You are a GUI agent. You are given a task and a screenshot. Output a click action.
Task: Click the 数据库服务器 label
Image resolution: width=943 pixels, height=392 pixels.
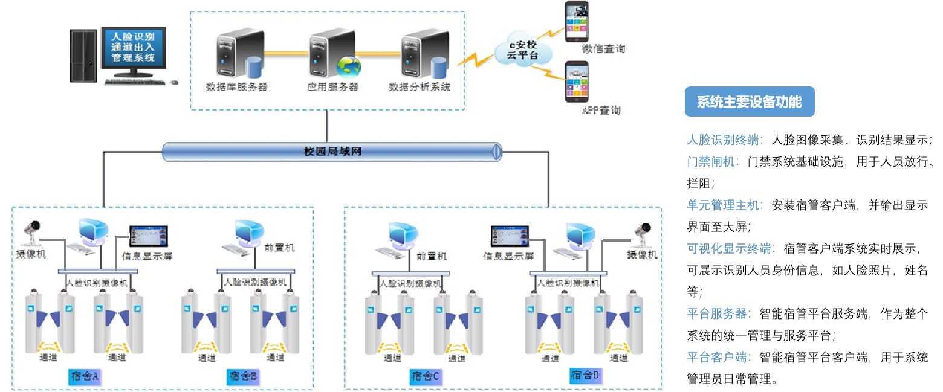click(x=236, y=87)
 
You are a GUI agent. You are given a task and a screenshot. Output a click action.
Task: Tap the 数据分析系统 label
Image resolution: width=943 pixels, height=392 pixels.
click(x=420, y=87)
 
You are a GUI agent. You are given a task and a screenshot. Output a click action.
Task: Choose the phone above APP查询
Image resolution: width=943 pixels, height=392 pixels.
click(x=578, y=82)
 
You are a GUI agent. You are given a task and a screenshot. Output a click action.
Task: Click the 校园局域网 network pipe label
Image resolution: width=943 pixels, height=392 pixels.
click(x=332, y=151)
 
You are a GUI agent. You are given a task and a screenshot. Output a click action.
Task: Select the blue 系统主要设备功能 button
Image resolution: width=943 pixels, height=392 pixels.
click(x=750, y=102)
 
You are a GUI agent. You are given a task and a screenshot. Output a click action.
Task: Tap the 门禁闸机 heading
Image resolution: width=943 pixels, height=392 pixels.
click(x=713, y=162)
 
